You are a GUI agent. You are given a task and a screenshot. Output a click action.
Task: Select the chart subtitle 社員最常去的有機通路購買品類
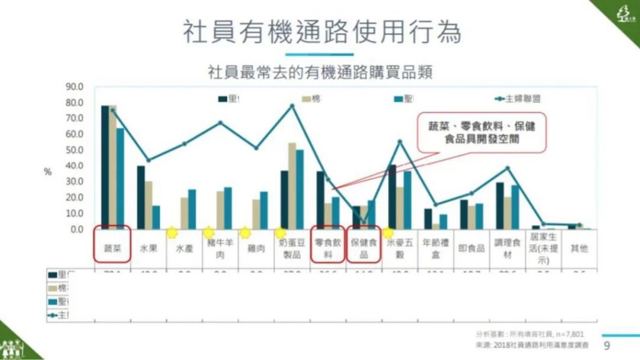point(320,72)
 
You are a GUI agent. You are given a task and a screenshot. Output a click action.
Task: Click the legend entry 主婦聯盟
point(522,99)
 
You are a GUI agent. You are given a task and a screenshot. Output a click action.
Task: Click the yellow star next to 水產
point(171,232)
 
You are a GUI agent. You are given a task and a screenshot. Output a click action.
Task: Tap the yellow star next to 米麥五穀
point(387,232)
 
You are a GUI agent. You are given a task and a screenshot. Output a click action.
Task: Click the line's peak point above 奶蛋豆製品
point(292,106)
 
